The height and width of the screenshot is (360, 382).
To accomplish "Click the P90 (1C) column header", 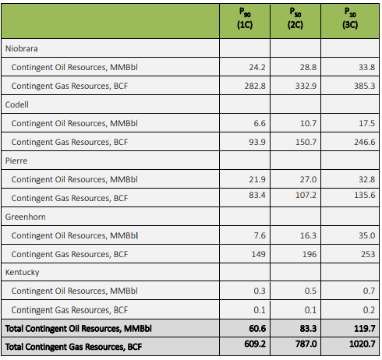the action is [x=245, y=18].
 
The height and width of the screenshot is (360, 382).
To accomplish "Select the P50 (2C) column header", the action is [x=295, y=18].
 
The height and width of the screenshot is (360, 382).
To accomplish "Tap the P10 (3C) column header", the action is [x=350, y=18].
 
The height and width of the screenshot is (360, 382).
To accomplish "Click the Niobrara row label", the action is [x=22, y=48].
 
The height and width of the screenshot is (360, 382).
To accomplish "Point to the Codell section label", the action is [x=17, y=104].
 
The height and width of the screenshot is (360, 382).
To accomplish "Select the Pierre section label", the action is [x=16, y=161].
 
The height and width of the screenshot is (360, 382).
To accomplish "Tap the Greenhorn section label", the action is [x=25, y=217].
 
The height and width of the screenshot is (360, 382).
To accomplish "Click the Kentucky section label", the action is [x=22, y=273].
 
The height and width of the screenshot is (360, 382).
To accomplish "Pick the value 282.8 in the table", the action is [x=255, y=86].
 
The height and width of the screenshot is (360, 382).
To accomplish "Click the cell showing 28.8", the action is [x=309, y=67].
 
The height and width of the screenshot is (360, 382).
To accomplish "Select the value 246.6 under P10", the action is [x=365, y=142].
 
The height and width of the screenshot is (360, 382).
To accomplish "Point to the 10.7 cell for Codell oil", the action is [x=309, y=123].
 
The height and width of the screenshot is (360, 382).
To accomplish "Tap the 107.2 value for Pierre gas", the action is [x=306, y=195].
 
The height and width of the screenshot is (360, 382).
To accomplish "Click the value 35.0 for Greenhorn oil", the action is [x=367, y=235].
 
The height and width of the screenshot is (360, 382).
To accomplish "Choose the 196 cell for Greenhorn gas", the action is [x=309, y=254].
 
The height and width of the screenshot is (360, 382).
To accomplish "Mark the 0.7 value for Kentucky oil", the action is [x=369, y=291].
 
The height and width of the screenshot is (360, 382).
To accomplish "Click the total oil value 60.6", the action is [x=257, y=329].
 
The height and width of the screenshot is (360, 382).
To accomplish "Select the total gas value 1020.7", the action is [x=363, y=344].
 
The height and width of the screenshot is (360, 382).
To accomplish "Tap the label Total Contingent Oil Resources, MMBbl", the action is [x=79, y=329].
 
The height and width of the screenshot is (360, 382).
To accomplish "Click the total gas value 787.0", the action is [x=306, y=344].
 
